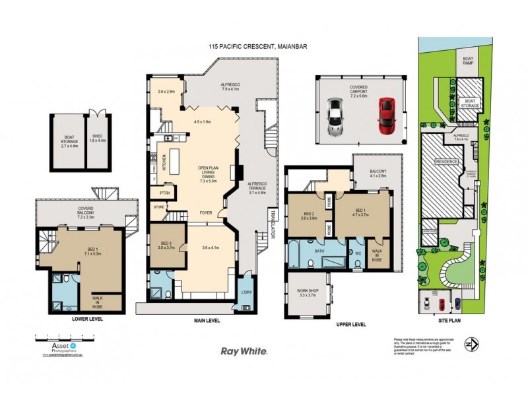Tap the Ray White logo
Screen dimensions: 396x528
(244, 352)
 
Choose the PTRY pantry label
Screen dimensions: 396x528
(162, 193)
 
